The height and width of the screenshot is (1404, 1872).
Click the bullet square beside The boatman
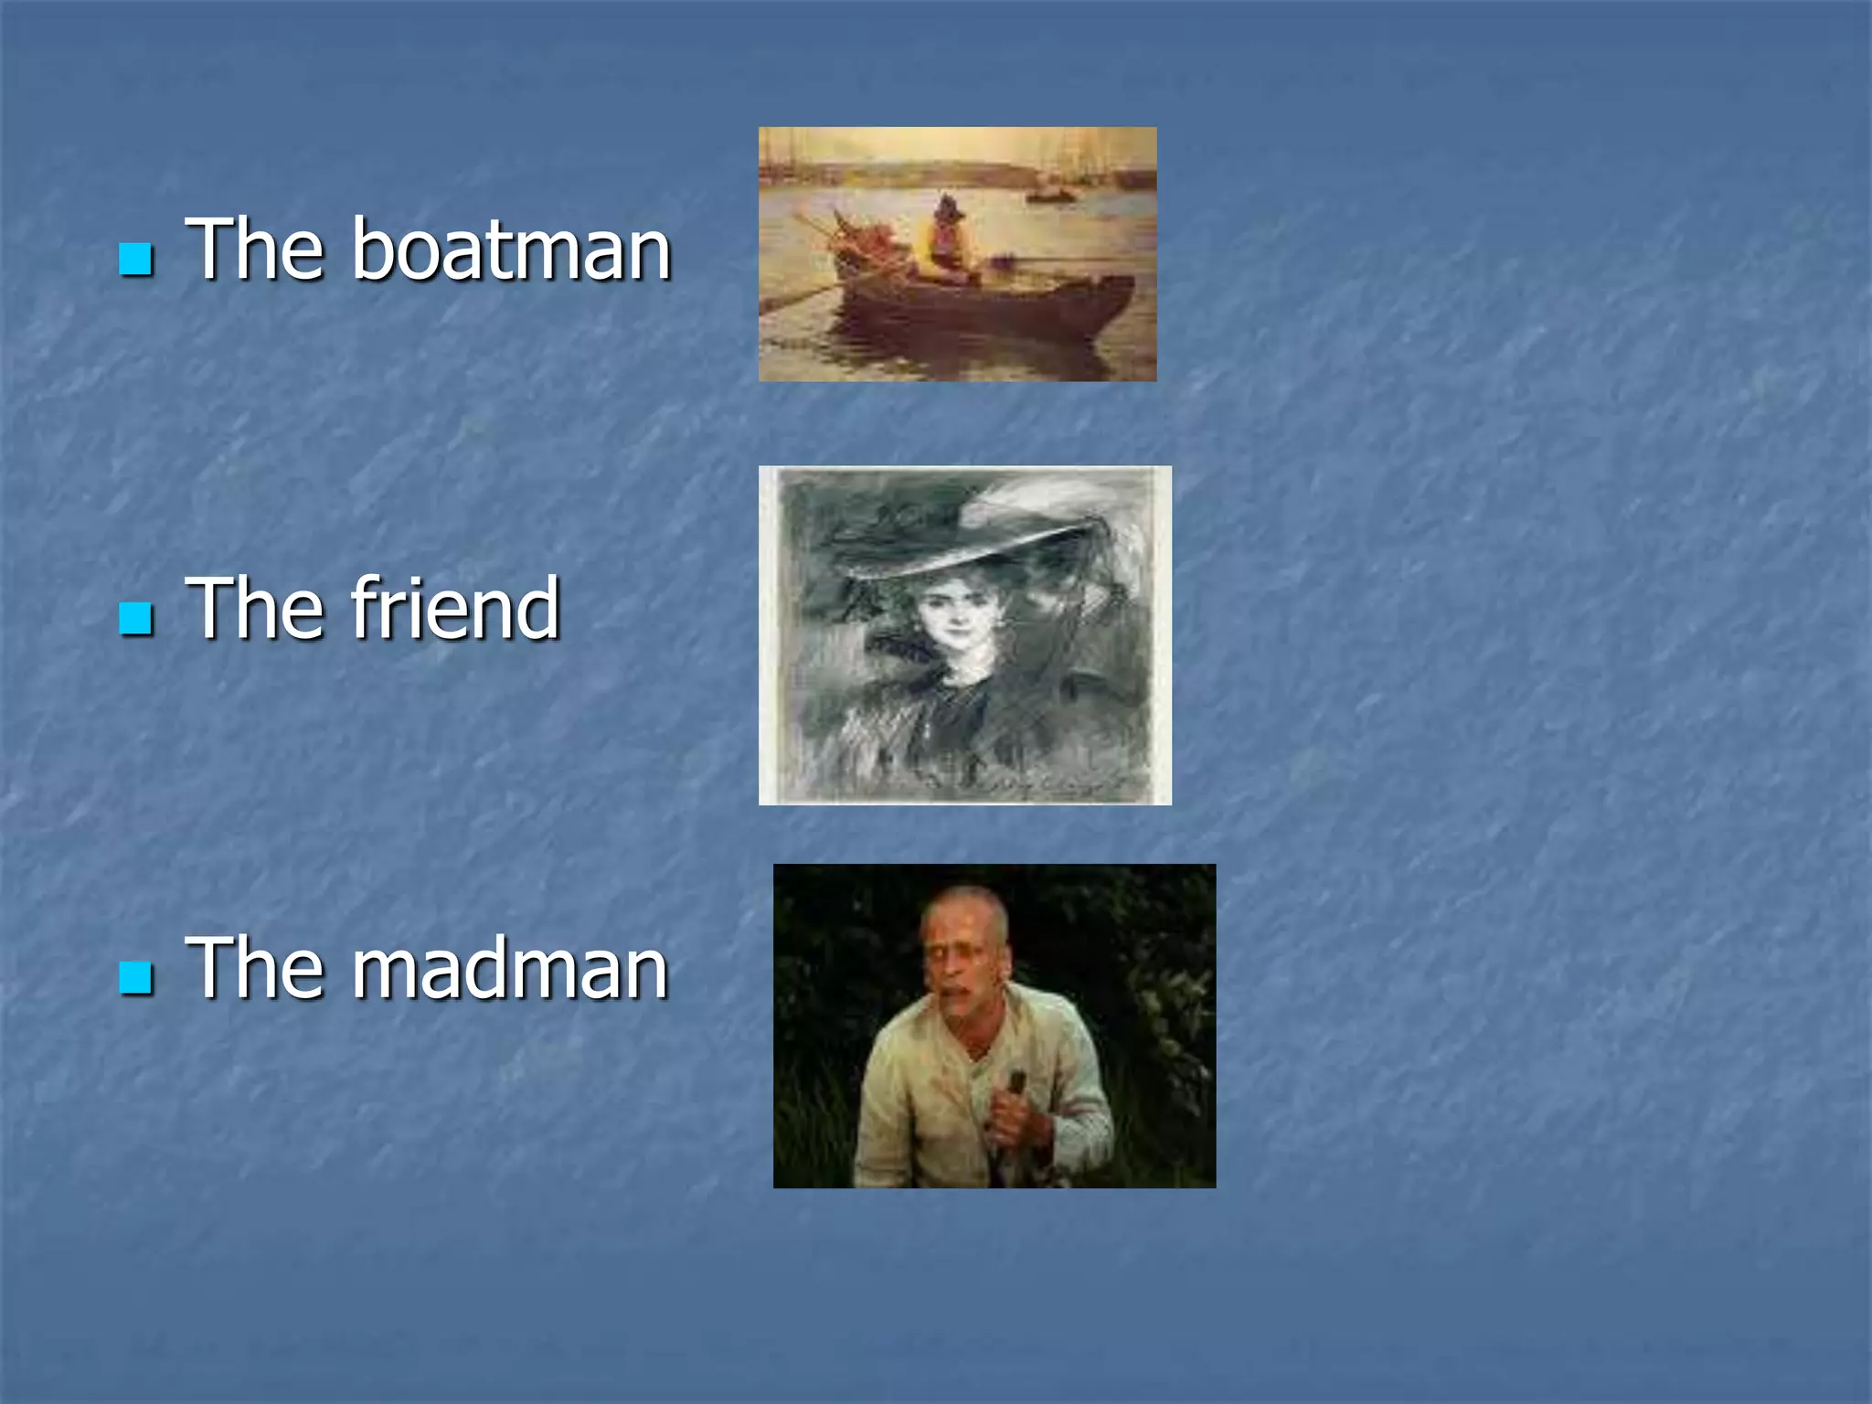pyautogui.click(x=136, y=259)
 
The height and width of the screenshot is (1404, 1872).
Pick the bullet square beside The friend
pyautogui.click(x=136, y=618)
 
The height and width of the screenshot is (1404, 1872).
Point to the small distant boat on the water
pyautogui.click(x=1051, y=195)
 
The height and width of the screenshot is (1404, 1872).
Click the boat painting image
pyautogui.click(x=957, y=254)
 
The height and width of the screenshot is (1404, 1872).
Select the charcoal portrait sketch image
pyautogui.click(x=964, y=635)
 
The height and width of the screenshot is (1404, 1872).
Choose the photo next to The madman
pyautogui.click(x=994, y=1026)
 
